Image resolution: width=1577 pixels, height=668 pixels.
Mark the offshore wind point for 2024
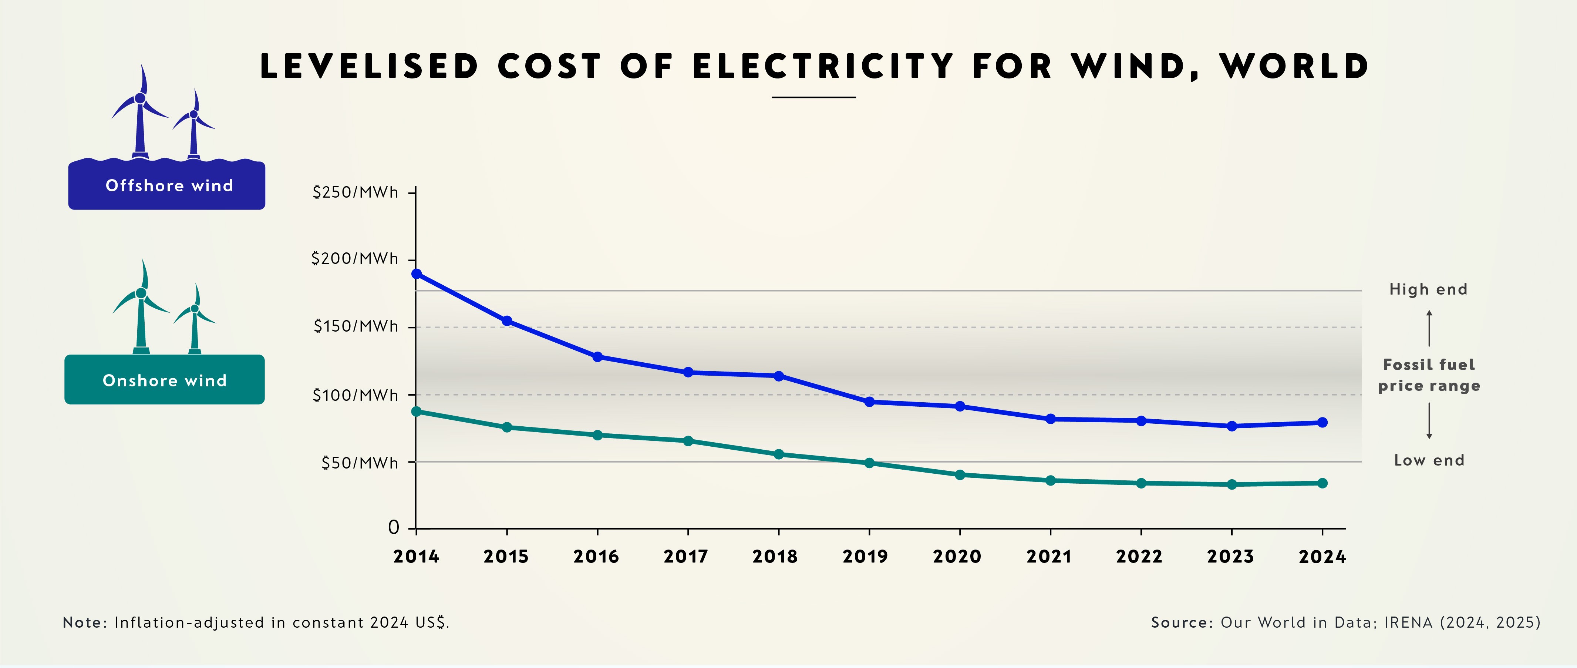coord(1322,423)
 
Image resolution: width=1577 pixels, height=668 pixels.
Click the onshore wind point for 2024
coord(1322,483)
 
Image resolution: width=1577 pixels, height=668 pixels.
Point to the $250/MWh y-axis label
coord(355,192)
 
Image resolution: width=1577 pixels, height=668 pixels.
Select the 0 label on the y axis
coord(394,527)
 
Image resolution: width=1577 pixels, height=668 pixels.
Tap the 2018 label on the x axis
coord(775,557)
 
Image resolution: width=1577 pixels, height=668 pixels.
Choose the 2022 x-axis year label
coord(1139,557)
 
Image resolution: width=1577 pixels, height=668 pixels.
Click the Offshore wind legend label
coord(169,185)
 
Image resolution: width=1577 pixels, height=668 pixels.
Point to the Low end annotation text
coord(1429,460)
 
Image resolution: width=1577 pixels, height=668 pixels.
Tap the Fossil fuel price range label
coord(1429,375)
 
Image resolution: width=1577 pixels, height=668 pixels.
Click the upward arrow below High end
coord(1429,328)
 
